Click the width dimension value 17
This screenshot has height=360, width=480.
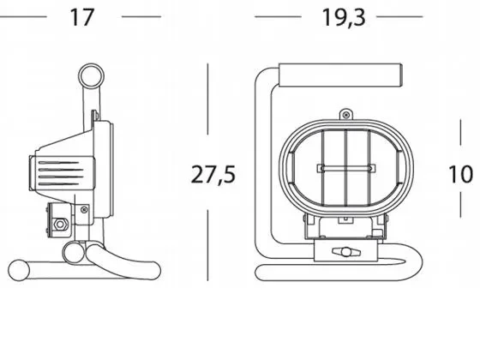[82, 17]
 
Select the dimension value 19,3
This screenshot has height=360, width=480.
[344, 17]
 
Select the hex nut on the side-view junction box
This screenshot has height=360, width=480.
[61, 226]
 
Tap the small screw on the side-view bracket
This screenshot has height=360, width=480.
[83, 207]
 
